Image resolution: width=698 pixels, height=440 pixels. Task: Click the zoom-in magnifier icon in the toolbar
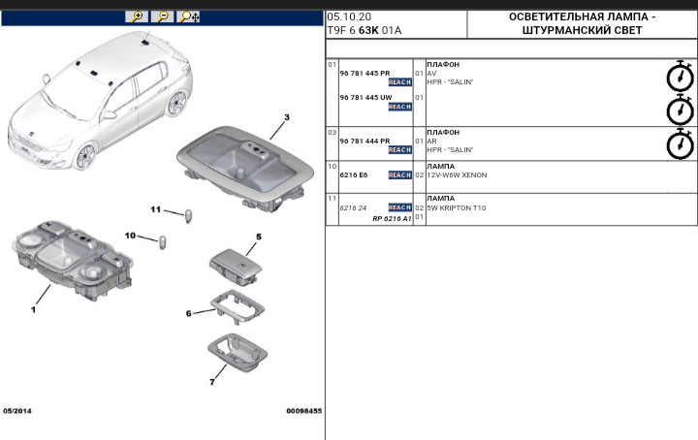138,16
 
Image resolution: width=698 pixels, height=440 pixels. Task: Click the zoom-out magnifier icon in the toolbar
163,16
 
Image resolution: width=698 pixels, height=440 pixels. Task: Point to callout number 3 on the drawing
286,116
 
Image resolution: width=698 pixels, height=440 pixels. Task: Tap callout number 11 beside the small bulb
155,209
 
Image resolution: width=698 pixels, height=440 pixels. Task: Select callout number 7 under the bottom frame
211,382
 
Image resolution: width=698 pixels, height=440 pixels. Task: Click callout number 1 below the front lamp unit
33,310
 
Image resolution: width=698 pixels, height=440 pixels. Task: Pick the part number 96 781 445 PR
365,74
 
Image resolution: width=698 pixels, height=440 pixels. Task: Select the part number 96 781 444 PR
365,141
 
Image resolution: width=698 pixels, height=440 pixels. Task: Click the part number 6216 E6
354,175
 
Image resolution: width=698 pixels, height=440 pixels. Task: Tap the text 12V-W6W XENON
457,175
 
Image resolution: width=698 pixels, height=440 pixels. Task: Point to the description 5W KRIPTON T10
457,208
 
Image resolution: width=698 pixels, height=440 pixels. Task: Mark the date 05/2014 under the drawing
17,411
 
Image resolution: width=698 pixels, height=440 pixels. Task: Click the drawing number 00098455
303,411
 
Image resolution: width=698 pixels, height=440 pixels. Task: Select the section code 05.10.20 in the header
348,17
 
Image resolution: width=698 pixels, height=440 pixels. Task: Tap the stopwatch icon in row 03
681,143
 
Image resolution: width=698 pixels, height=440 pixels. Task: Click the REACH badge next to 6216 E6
399,175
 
